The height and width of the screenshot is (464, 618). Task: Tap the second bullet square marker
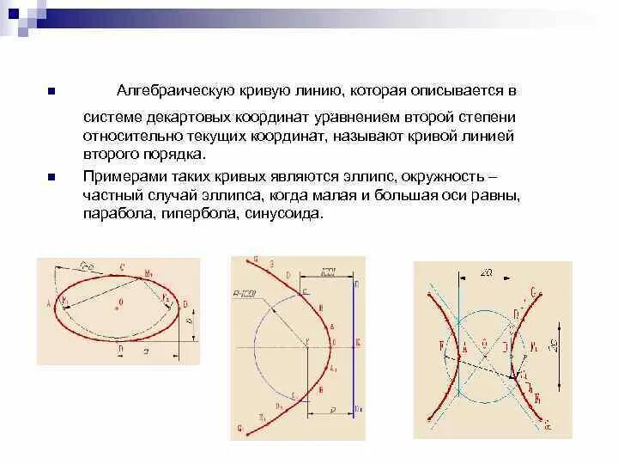(51, 176)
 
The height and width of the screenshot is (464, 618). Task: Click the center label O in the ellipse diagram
(121, 302)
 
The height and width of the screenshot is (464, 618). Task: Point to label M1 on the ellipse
(148, 274)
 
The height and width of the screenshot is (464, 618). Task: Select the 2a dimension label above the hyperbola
(486, 272)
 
